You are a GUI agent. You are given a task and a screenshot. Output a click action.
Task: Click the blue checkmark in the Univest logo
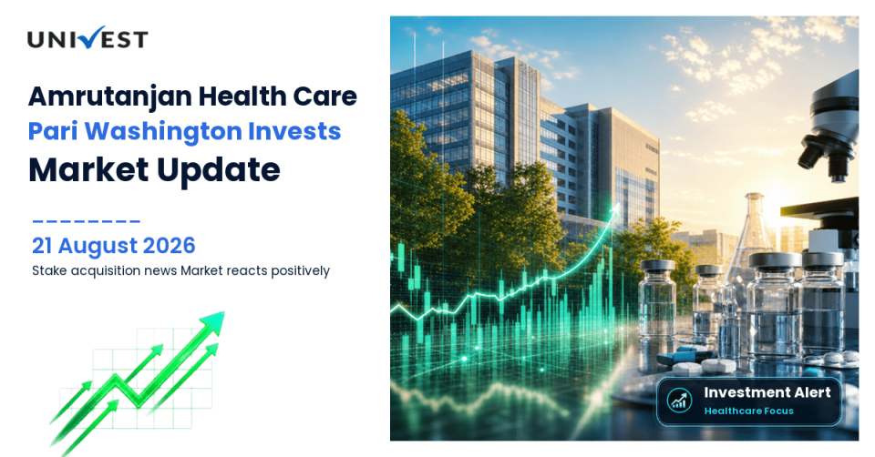(x=89, y=36)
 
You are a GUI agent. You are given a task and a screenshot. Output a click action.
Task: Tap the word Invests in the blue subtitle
(x=294, y=131)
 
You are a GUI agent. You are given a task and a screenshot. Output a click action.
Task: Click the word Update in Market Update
(x=218, y=170)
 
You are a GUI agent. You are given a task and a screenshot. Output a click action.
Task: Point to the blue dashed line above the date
(x=86, y=221)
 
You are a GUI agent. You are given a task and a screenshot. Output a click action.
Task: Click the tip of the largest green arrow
(x=224, y=312)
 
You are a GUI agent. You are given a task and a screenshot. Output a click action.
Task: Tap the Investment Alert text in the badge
(x=767, y=392)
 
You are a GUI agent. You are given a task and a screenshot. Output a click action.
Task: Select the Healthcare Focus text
(x=748, y=411)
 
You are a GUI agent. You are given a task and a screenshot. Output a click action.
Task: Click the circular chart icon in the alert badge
(x=679, y=401)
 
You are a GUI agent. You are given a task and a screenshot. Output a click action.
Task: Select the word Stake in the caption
(x=48, y=271)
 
